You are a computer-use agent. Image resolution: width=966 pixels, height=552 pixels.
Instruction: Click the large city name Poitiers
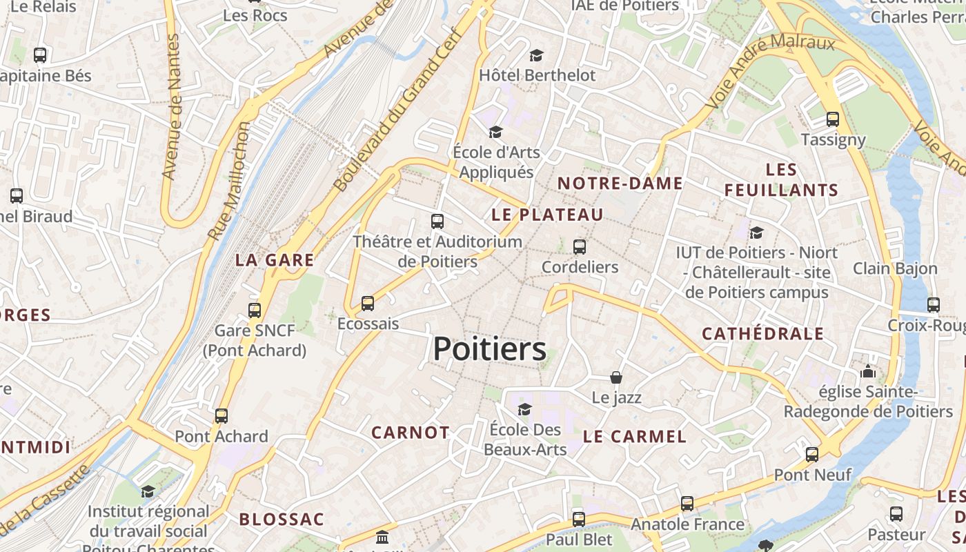click(x=489, y=349)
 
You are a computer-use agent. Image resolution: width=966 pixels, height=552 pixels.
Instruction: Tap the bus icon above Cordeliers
click(x=580, y=247)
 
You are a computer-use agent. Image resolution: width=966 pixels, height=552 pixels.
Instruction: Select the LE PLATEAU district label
click(x=547, y=215)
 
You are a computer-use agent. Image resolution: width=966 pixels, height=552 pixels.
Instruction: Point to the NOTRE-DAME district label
click(x=620, y=184)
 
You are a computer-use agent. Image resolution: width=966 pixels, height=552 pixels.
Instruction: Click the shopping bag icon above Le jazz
click(x=616, y=377)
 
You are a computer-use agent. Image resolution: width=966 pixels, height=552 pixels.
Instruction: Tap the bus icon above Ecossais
click(x=368, y=304)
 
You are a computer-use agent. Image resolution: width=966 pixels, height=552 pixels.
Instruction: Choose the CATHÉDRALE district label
click(x=762, y=334)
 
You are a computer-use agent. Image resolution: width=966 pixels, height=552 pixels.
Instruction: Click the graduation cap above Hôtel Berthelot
click(x=536, y=55)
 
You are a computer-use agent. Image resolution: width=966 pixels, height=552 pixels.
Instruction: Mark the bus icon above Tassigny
click(x=833, y=119)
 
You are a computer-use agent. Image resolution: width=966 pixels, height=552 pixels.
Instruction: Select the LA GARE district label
click(x=274, y=260)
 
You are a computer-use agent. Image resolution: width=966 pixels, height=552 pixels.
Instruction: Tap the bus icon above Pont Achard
click(x=221, y=416)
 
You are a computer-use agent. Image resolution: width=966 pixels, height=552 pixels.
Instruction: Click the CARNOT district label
click(x=411, y=433)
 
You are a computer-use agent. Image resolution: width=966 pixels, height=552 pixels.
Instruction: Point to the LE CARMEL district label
click(x=635, y=436)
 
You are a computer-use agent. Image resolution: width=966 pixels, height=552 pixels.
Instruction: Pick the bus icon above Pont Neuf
click(x=812, y=455)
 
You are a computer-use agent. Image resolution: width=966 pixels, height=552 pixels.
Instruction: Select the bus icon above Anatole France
click(x=687, y=504)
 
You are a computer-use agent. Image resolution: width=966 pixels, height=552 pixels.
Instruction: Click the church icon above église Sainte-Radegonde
click(x=867, y=371)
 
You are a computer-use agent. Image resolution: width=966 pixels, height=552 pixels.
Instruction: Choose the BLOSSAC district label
click(x=282, y=520)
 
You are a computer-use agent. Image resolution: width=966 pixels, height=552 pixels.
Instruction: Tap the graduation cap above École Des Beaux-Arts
click(x=524, y=410)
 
